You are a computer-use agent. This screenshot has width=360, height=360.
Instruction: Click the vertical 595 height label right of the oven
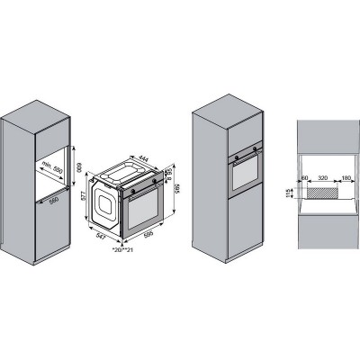click(x=177, y=191)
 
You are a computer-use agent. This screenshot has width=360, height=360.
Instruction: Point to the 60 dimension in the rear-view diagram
click(x=305, y=179)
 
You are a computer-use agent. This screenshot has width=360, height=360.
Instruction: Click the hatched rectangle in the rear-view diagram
click(x=321, y=192)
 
